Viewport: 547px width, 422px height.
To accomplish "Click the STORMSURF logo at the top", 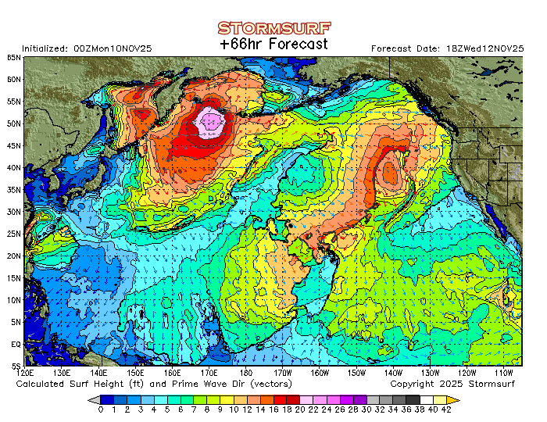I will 273,28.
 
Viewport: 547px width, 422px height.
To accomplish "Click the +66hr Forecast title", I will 273,45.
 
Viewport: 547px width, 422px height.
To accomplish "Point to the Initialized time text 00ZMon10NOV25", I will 113,48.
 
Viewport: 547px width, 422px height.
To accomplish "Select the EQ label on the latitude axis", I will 16,344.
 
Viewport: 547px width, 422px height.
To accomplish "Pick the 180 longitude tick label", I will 247,373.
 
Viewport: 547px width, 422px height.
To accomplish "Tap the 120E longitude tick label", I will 27,373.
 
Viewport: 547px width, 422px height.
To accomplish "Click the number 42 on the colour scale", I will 445,409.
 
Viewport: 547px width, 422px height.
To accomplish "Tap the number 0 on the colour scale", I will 101,409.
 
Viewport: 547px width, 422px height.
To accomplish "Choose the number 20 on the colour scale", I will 300,409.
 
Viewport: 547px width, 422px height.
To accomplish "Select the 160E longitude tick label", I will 173,373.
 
